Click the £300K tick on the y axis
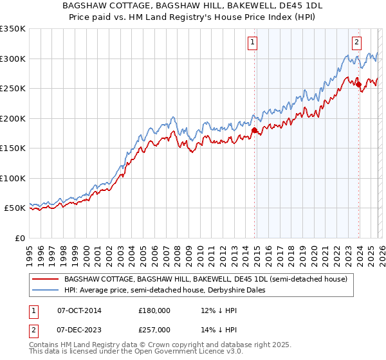(13, 59)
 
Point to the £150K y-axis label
(13, 148)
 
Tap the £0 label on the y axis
(19, 238)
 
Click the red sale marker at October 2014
(253, 130)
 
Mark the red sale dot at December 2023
(358, 84)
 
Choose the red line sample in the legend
(44, 279)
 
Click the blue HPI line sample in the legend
(44, 290)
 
